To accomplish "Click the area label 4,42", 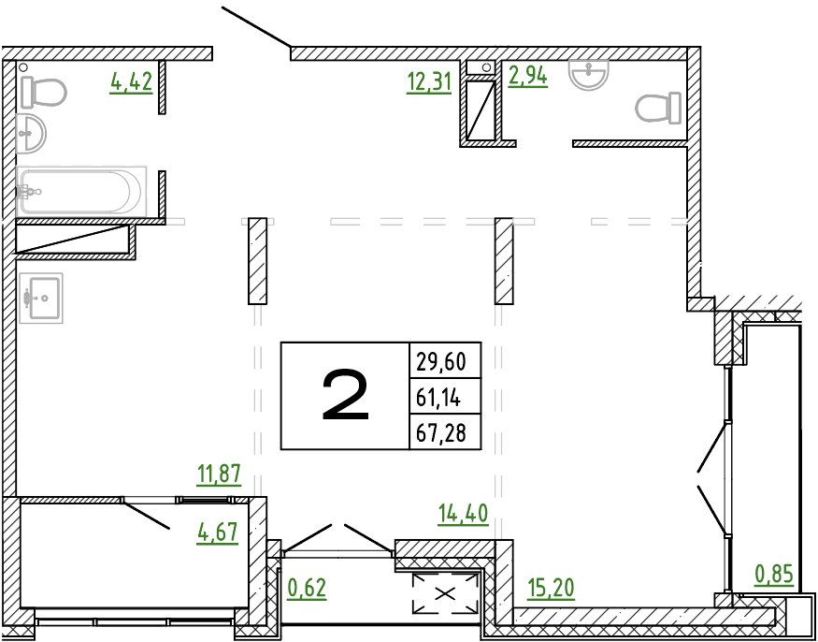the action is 131,82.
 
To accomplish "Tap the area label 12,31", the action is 429,82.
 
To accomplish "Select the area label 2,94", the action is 528,76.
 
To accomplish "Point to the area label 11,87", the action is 219,474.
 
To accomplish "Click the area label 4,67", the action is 218,533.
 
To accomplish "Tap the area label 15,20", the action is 551,589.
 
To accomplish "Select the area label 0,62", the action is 308,589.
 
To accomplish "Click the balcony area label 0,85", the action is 774,574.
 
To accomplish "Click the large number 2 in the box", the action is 345,395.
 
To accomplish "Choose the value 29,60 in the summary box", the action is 441,361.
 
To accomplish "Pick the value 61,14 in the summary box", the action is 438,399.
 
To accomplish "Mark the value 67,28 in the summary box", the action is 441,433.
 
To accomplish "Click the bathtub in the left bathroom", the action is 80,192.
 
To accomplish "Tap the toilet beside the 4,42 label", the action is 44,93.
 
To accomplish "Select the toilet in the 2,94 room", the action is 658,108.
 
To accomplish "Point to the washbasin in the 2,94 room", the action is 589,73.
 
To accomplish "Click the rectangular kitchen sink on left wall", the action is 41,299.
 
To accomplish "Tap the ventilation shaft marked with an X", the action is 445,593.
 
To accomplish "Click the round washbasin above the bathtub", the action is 31,134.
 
